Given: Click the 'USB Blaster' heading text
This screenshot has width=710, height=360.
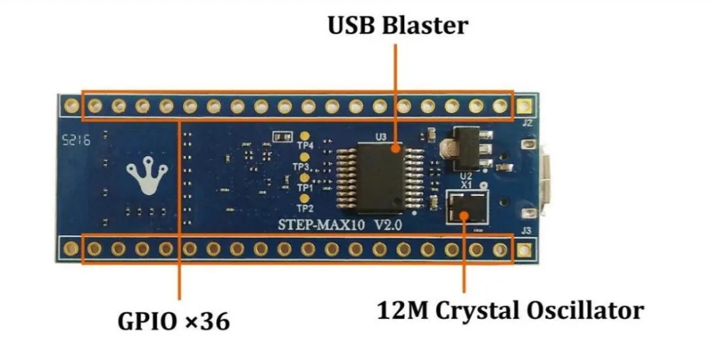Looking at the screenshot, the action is pyautogui.click(x=398, y=26).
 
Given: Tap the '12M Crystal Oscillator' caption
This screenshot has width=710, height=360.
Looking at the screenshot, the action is pyautogui.click(x=510, y=310).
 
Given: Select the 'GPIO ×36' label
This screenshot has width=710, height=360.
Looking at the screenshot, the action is pyautogui.click(x=173, y=322).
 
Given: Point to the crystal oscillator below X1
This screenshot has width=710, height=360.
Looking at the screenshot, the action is pyautogui.click(x=467, y=206).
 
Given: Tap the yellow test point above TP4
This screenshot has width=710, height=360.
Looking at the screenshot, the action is pyautogui.click(x=305, y=136).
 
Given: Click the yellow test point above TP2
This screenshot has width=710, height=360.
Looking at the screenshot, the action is pyautogui.click(x=305, y=198).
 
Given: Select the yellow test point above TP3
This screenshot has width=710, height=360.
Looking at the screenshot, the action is pyautogui.click(x=305, y=157).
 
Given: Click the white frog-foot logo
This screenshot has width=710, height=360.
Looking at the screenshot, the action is pyautogui.click(x=147, y=175).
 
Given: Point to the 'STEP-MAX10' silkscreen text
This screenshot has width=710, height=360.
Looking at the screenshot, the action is pyautogui.click(x=321, y=224).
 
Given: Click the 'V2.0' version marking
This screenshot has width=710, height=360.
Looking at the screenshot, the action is pyautogui.click(x=388, y=224).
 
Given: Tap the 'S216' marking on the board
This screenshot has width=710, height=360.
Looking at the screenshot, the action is pyautogui.click(x=76, y=140).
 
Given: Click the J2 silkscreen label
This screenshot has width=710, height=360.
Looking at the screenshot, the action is pyautogui.click(x=527, y=123).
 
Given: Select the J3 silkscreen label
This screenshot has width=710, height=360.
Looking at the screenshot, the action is pyautogui.click(x=526, y=231).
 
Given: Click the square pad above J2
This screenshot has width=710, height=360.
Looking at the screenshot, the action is pyautogui.click(x=524, y=106).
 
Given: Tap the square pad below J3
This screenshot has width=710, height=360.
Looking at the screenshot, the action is pyautogui.click(x=524, y=249).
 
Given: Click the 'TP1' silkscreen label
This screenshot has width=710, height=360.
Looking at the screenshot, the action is pyautogui.click(x=305, y=187).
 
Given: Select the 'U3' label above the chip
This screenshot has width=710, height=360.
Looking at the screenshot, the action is pyautogui.click(x=381, y=136).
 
